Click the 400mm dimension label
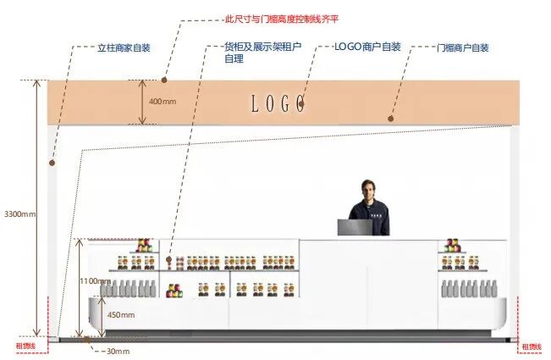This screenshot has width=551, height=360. coord(163,102)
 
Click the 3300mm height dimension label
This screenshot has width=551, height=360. coord(19,213)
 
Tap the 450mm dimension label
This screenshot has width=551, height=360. coord(120,314)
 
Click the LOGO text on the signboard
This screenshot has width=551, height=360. coord(278,104)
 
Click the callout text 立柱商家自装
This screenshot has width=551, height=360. coord(124,47)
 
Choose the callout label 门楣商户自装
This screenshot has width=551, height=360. coord(463,47)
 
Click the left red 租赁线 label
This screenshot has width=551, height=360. coord(25,346)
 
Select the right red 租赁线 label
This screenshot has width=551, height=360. coord(531,346)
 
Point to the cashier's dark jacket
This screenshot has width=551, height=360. coord(370,217)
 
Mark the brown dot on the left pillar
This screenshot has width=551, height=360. coord(52,161)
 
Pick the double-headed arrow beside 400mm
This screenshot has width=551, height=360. coord(142,102)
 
